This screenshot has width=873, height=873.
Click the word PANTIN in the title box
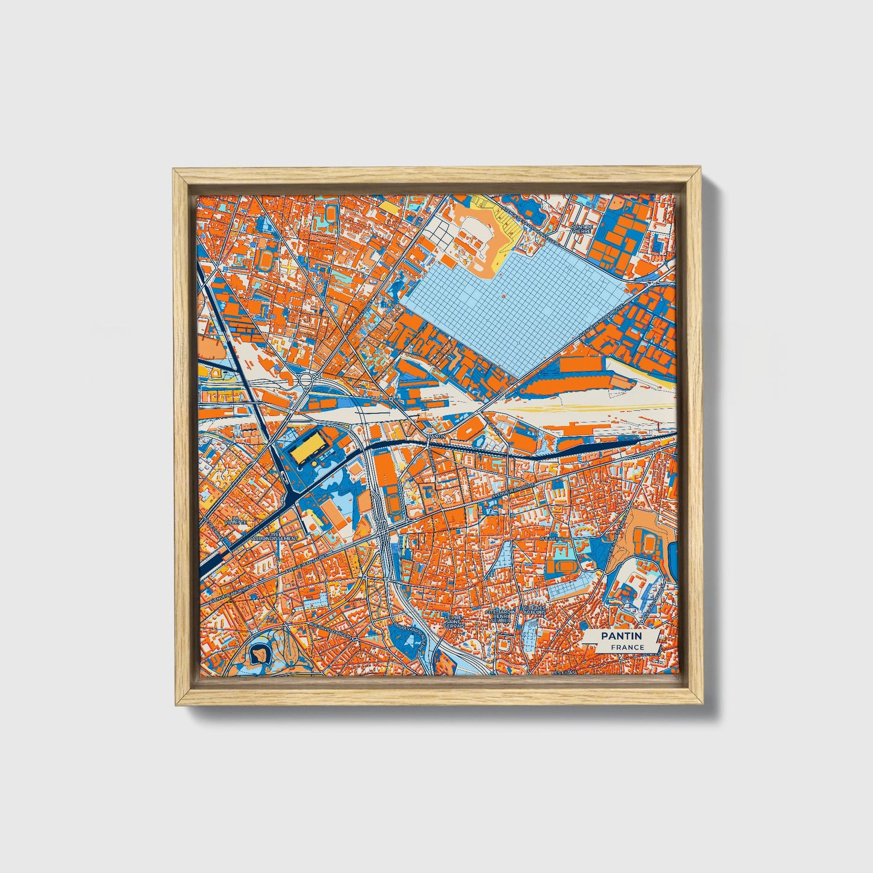[621, 636]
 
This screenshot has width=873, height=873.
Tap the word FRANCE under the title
[627, 648]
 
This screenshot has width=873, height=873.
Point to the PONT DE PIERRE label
[582, 230]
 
